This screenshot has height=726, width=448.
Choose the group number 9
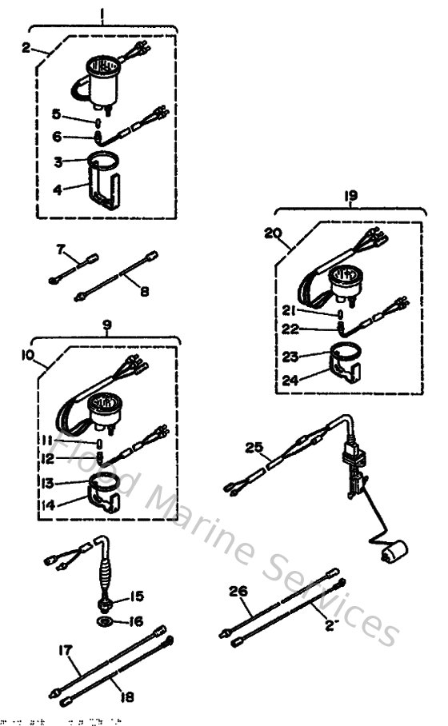point(107,325)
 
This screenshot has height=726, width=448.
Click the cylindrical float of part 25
point(394,552)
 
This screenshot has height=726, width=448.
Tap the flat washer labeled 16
point(105,621)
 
